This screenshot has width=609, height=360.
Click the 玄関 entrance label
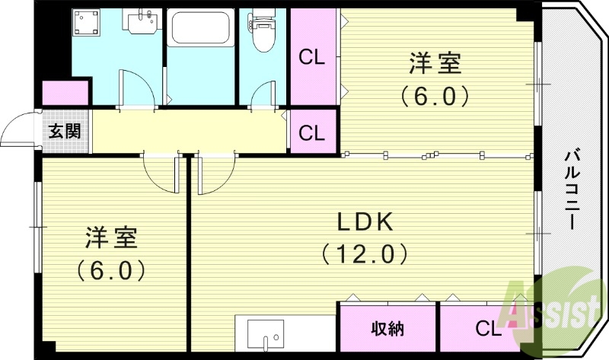click(x=65, y=131)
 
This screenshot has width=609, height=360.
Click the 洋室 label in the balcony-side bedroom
click(x=435, y=64)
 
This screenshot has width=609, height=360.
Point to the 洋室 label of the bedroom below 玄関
click(x=110, y=237)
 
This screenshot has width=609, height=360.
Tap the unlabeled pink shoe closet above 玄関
click(x=65, y=93)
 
